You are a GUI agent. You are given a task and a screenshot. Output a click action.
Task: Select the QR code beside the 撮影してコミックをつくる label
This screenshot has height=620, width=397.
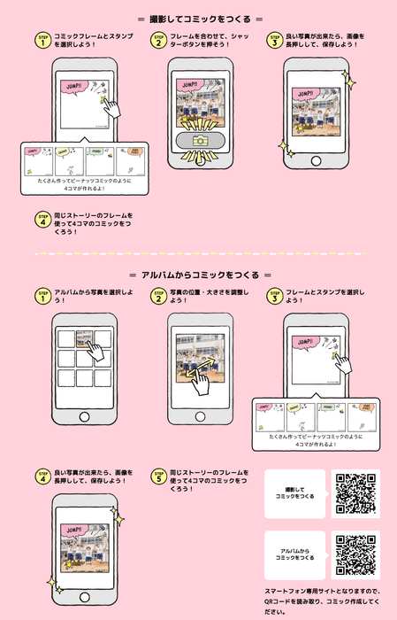tap(355, 493)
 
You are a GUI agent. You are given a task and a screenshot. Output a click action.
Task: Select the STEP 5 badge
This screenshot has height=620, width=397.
tap(158, 476)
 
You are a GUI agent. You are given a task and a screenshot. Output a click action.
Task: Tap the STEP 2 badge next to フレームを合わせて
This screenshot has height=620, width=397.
tap(158, 41)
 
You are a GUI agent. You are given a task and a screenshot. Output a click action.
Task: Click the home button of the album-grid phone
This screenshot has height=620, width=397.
tap(85, 416)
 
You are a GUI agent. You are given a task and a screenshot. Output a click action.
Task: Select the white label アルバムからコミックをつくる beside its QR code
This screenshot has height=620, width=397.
tap(295, 554)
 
